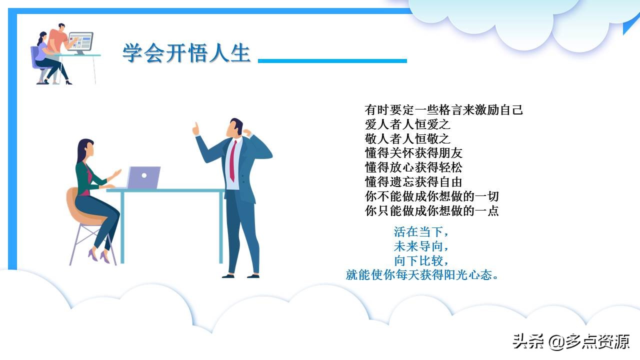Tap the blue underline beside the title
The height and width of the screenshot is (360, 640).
[332, 61]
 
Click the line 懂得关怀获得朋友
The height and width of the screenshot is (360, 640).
[413, 153]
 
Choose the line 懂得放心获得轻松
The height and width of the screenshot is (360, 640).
[413, 167]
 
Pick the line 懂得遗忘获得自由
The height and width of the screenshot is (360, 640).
[413, 181]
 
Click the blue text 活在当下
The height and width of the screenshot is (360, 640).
[421, 232]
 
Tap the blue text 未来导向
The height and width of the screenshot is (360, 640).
[421, 246]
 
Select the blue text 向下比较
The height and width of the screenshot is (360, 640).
[421, 260]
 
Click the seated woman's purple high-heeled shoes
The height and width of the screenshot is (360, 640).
[99, 256]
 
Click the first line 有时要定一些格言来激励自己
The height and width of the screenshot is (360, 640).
[443, 110]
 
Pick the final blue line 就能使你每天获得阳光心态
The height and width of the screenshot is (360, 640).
[422, 275]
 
